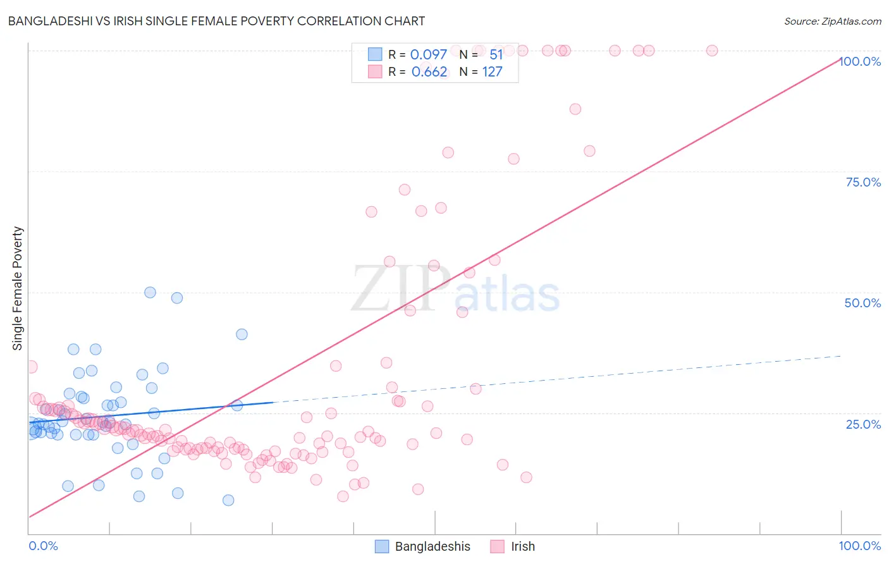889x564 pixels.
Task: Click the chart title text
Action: coord(216,21)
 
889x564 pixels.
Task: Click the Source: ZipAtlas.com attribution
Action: coord(832,21)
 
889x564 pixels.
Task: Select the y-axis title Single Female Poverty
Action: coord(18,288)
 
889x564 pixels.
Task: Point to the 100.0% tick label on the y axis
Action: coord(860,61)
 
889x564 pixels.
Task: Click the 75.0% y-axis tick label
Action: coord(863,182)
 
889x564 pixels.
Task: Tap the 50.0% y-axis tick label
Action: coord(862,303)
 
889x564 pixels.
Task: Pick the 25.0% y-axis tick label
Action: coord(863,424)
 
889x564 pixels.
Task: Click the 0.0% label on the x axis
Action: coord(43,546)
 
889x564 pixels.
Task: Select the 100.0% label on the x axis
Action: coord(859,546)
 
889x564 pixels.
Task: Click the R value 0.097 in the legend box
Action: coord(428,54)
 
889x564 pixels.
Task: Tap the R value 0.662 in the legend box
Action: coord(429,71)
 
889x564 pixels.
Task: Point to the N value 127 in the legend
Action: coord(492,71)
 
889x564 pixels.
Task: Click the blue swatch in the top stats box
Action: coord(375,54)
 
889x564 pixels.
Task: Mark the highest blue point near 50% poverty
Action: coord(150,292)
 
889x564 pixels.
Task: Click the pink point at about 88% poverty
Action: coord(575,109)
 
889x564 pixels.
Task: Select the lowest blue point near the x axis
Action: coord(228,500)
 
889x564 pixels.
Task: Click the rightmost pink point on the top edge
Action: coord(712,51)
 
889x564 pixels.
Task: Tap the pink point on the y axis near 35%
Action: coord(31,367)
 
